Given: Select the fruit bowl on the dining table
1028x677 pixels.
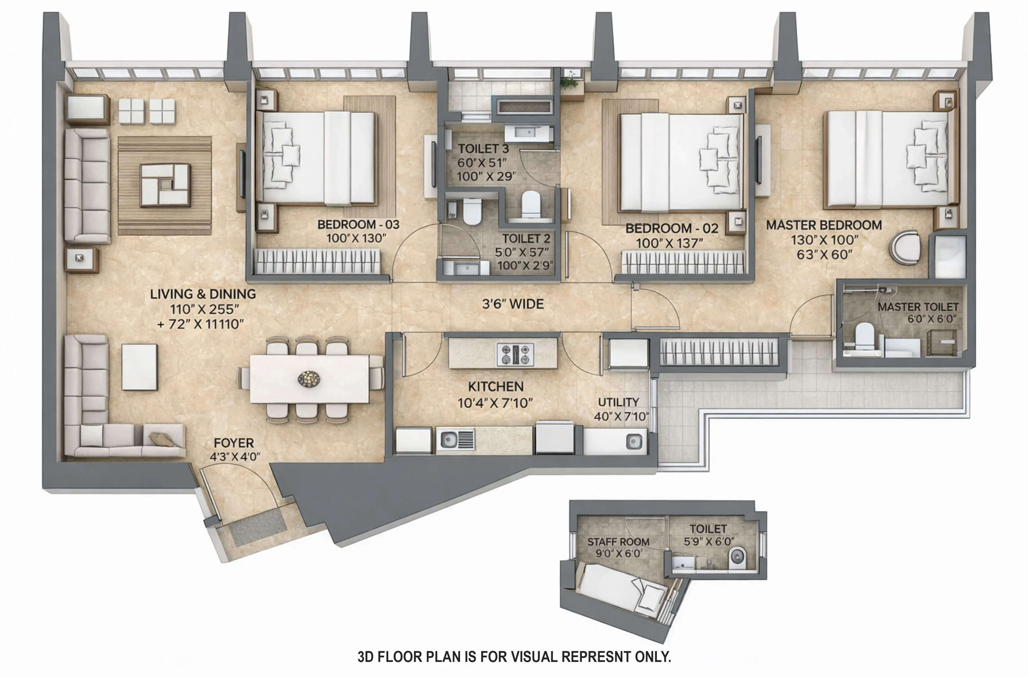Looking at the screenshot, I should tap(309, 379).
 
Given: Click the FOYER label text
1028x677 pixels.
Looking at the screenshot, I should tap(234, 443).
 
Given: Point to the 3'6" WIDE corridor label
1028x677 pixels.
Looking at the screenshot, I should tap(513, 304).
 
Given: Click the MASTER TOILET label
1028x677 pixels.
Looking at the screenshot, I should tap(918, 307).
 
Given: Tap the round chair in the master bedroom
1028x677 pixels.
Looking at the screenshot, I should tap(905, 247).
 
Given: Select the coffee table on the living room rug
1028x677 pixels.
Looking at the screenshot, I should tap(165, 185).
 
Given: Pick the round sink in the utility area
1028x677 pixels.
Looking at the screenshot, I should tap(634, 442).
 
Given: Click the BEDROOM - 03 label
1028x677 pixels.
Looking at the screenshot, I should tap(358, 224).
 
